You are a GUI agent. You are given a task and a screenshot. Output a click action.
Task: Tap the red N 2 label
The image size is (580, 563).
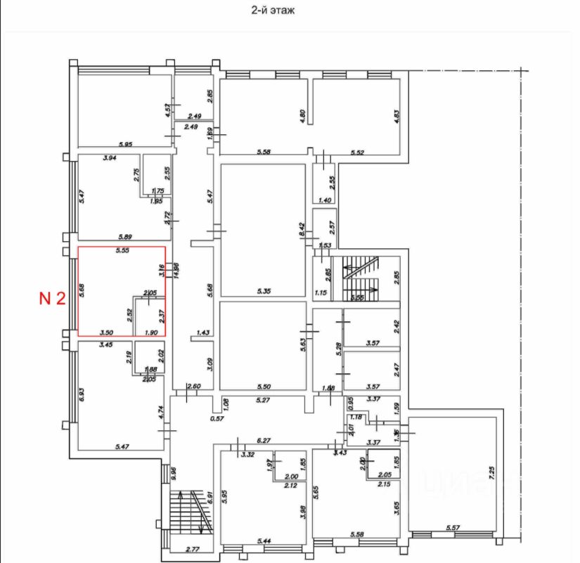pyautogui.click(x=51, y=299)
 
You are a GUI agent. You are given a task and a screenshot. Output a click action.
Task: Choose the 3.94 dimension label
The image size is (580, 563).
pyautogui.click(x=108, y=159)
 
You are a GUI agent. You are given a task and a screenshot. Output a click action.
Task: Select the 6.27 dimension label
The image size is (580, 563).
pyautogui.click(x=264, y=441)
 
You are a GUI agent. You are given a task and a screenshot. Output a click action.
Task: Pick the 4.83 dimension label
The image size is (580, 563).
pyautogui.click(x=397, y=117)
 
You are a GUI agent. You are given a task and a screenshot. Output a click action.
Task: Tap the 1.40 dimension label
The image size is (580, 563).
pyautogui.click(x=324, y=201)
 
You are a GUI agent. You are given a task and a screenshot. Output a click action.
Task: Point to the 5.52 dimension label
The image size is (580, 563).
pyautogui.click(x=359, y=152)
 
